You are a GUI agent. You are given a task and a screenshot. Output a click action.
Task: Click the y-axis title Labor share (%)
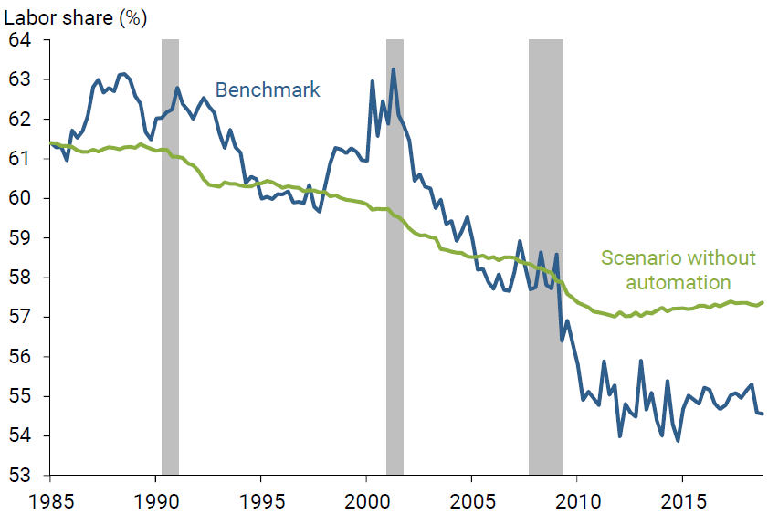[76, 17]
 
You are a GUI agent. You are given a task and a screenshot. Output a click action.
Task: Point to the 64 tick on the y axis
[19, 40]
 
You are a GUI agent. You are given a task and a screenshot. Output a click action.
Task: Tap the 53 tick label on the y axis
[19, 476]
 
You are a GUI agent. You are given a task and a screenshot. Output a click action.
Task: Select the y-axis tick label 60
[19, 198]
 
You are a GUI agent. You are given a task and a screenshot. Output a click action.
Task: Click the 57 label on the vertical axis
[19, 317]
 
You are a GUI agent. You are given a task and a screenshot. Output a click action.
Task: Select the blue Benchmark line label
[268, 89]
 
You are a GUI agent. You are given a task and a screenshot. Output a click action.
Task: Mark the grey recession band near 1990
[170, 256]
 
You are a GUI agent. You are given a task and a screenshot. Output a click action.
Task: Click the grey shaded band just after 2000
[395, 256]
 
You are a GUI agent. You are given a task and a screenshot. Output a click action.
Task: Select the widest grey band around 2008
[546, 256]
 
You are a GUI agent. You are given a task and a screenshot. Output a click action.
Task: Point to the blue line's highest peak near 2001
[394, 69]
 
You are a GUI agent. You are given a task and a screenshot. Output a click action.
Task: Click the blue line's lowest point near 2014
[678, 441]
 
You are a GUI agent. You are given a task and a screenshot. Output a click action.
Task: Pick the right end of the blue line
[763, 414]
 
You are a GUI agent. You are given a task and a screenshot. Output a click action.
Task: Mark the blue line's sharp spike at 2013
[640, 361]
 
